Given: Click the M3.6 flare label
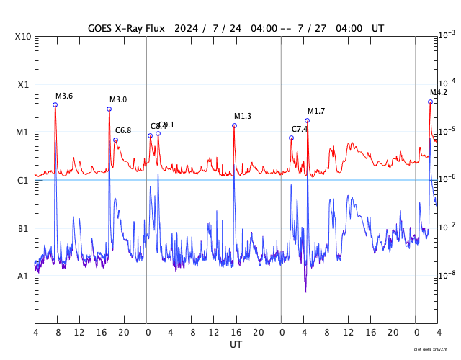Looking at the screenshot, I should click(x=64, y=96).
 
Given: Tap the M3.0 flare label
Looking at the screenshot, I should click(x=118, y=100).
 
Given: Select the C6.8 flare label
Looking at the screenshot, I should click(x=123, y=131).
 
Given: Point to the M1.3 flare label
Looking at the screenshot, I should click(x=243, y=117).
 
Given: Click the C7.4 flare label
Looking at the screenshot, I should click(x=300, y=129).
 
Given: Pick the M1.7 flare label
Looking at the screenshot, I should click(x=316, y=111).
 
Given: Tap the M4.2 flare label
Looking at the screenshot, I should click(x=439, y=93).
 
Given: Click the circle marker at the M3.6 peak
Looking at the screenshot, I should click(x=55, y=105).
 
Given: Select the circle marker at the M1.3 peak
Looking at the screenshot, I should click(x=234, y=126).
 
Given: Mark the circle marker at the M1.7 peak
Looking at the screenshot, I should click(x=308, y=121).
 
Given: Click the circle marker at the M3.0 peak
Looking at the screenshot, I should click(x=109, y=109).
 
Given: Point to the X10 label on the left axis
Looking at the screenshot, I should click(x=22, y=37).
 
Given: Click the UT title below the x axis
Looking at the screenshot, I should click(x=236, y=345).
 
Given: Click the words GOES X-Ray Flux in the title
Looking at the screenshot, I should click(x=126, y=28).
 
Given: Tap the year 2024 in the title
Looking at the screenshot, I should click(x=184, y=28).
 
